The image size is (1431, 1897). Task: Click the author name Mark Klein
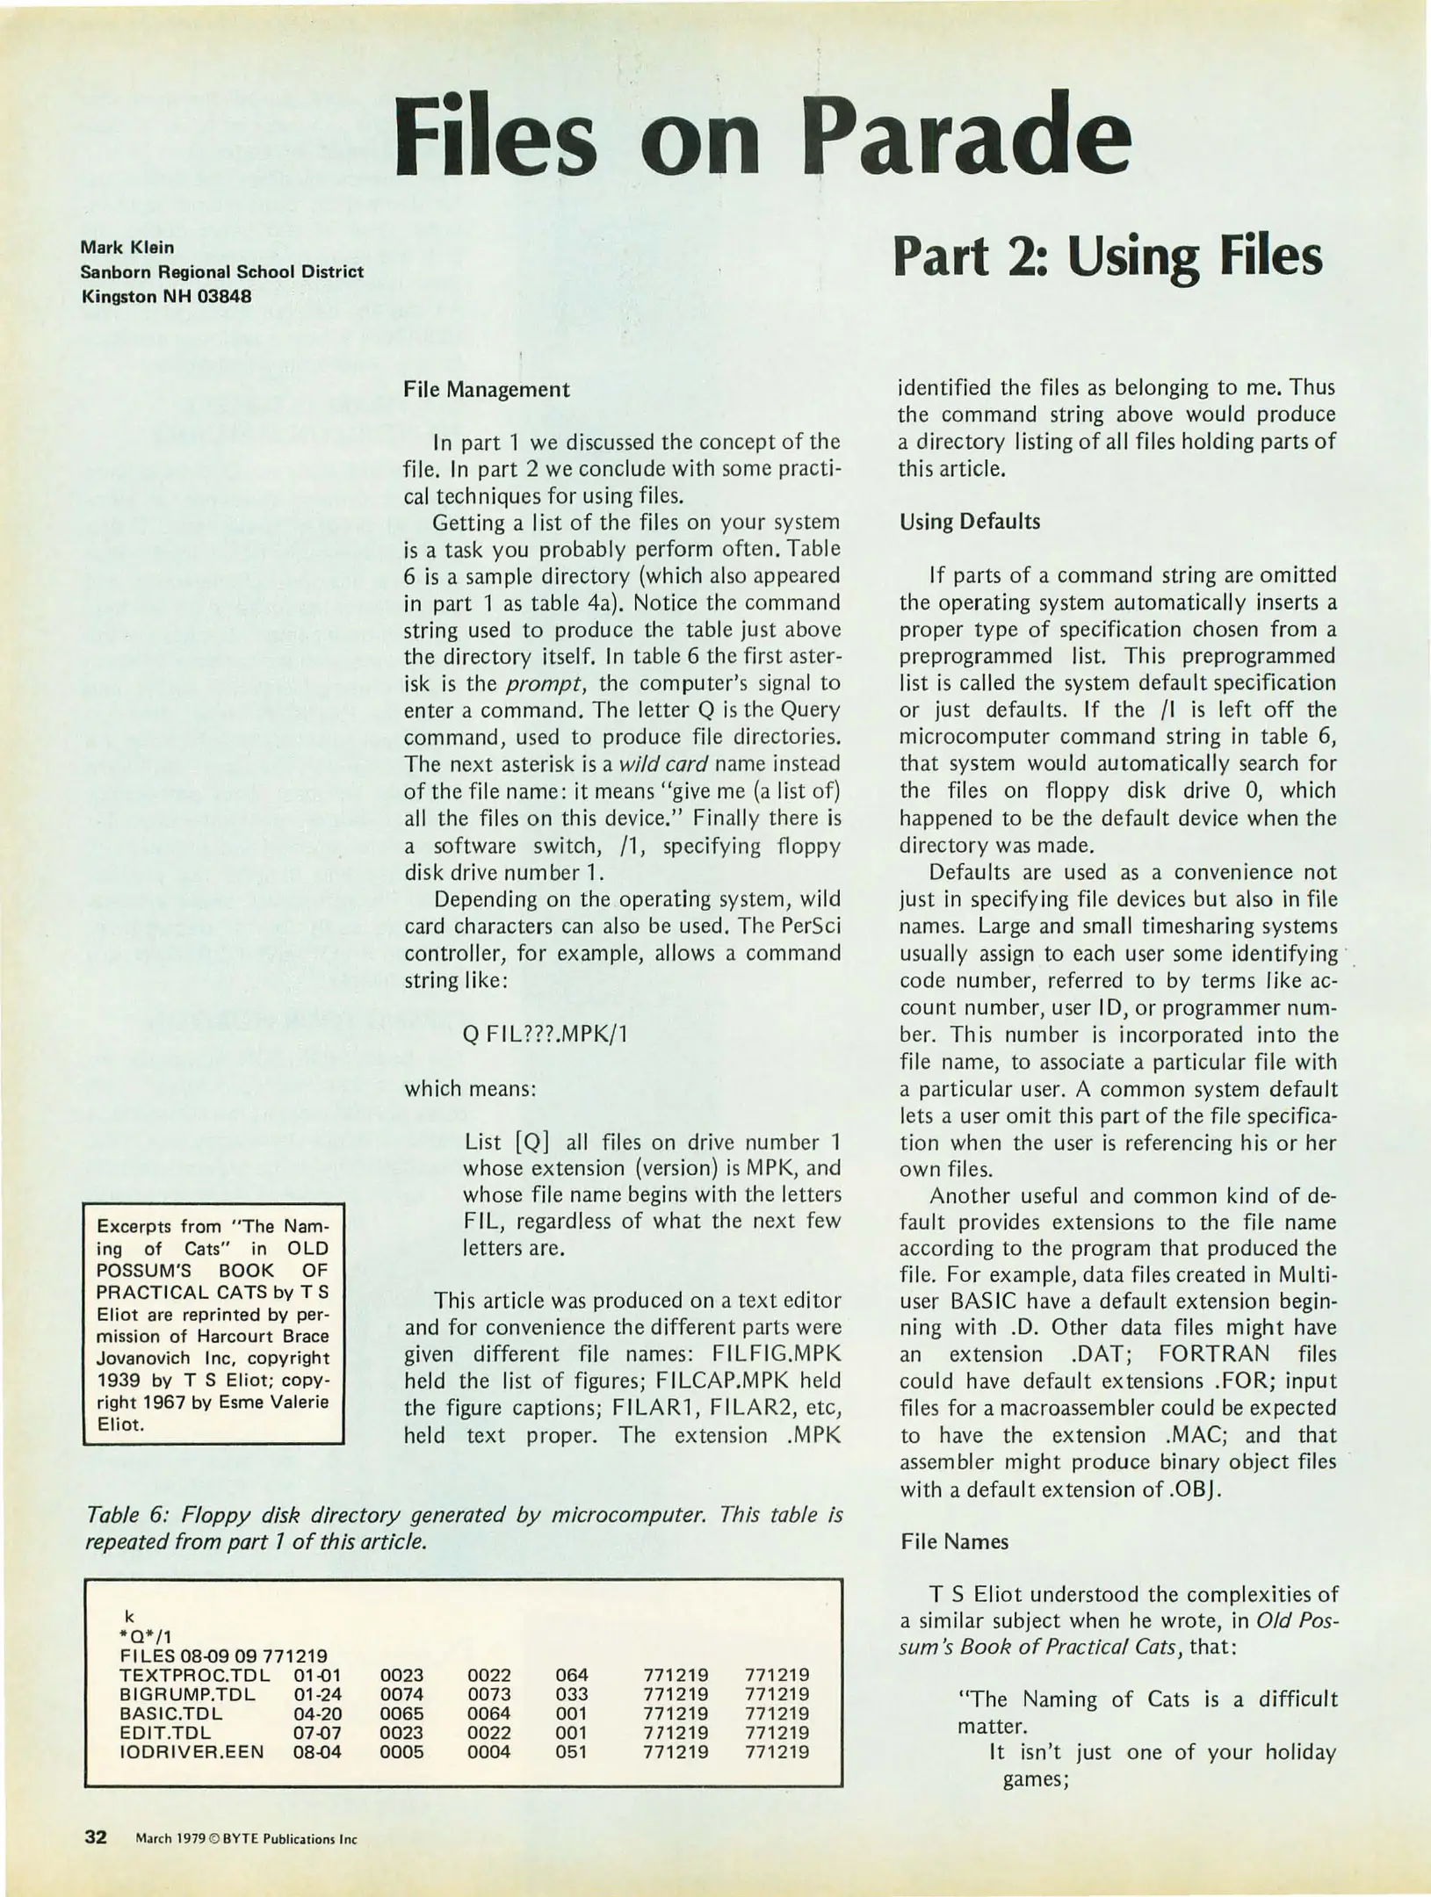(x=127, y=248)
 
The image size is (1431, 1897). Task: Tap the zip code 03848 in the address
(x=224, y=296)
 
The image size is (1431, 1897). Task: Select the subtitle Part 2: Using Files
(x=1107, y=257)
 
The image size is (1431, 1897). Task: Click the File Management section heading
(x=486, y=389)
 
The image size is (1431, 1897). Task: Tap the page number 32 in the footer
(x=95, y=1836)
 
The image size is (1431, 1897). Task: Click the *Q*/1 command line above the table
(x=146, y=1636)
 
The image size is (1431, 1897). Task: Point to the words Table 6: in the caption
(x=127, y=1515)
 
